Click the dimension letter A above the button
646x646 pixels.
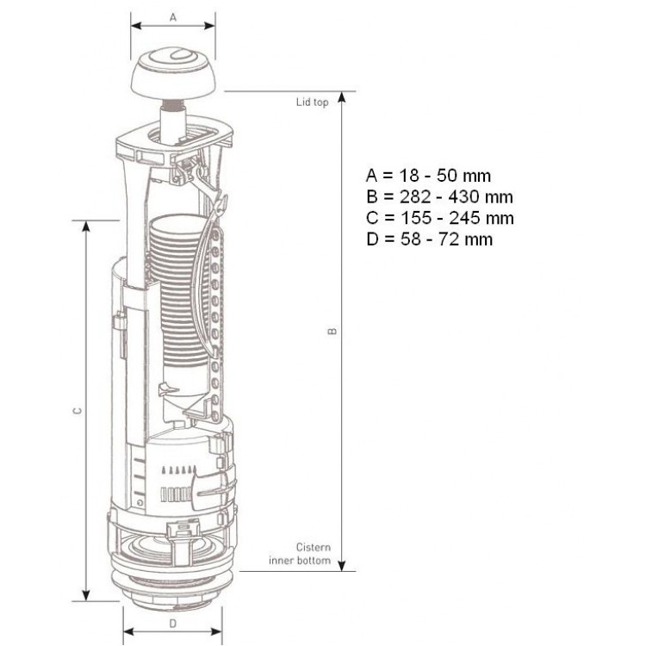pos(173,17)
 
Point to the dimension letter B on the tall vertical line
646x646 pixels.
pos(332,332)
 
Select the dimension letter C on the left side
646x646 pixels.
pos(77,410)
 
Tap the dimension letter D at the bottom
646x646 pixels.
pos(172,624)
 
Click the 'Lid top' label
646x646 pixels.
pos(313,102)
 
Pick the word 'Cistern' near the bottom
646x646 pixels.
pos(314,547)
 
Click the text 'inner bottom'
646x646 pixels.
pos(300,561)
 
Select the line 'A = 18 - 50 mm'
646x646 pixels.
pos(428,176)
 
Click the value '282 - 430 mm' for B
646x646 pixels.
pos(457,197)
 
